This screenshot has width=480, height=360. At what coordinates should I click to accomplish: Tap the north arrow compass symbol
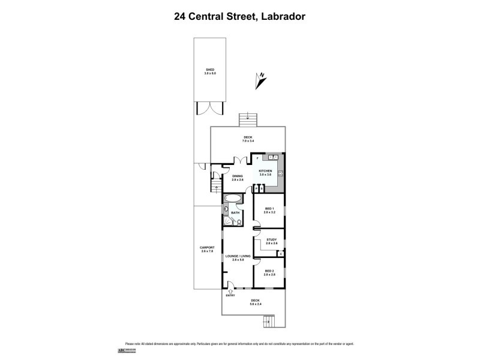(260, 78)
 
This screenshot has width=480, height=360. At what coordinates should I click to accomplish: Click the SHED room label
(209, 70)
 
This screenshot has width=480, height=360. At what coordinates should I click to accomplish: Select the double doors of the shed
(209, 108)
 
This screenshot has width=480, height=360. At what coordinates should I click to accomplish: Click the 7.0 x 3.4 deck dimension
(248, 141)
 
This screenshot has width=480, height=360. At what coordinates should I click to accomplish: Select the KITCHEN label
(265, 171)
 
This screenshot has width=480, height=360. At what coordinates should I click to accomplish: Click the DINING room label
(238, 176)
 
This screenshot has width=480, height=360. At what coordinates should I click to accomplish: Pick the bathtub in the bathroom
(233, 198)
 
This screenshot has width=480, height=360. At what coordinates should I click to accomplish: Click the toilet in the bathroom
(239, 222)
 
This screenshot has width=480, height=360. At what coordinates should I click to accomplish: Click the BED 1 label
(268, 209)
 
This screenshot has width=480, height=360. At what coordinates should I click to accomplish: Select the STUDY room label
(271, 240)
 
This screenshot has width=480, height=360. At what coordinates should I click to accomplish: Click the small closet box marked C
(281, 254)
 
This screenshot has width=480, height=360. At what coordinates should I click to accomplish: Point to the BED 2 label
(268, 271)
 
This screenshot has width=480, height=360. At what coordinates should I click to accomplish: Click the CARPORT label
(206, 247)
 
